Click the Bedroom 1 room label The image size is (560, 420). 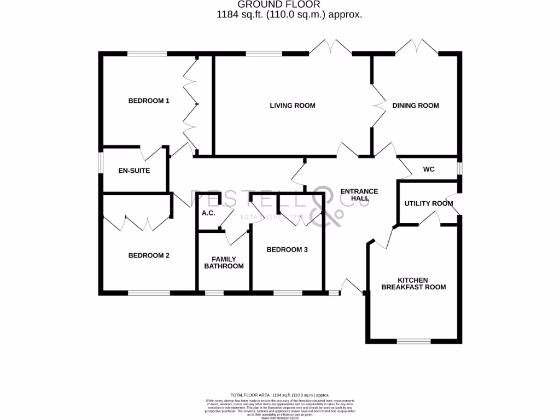(x=149, y=101)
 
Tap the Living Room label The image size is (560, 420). (x=293, y=106)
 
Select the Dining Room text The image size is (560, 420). (x=416, y=106)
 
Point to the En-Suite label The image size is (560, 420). (x=134, y=171)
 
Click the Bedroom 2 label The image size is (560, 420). (x=149, y=255)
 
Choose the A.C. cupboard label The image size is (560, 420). (x=208, y=213)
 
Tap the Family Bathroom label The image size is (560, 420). (x=224, y=262)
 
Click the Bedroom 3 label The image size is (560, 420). (x=287, y=250)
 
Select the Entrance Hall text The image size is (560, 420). (x=359, y=195)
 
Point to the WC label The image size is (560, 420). (x=429, y=170)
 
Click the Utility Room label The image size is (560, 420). (x=429, y=203)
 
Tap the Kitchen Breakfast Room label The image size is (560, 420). (x=413, y=283)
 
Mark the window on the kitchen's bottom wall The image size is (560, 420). (x=413, y=342)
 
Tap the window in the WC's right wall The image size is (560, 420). (x=459, y=168)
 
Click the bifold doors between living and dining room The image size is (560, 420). (x=377, y=106)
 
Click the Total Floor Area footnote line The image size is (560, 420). (x=279, y=394)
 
